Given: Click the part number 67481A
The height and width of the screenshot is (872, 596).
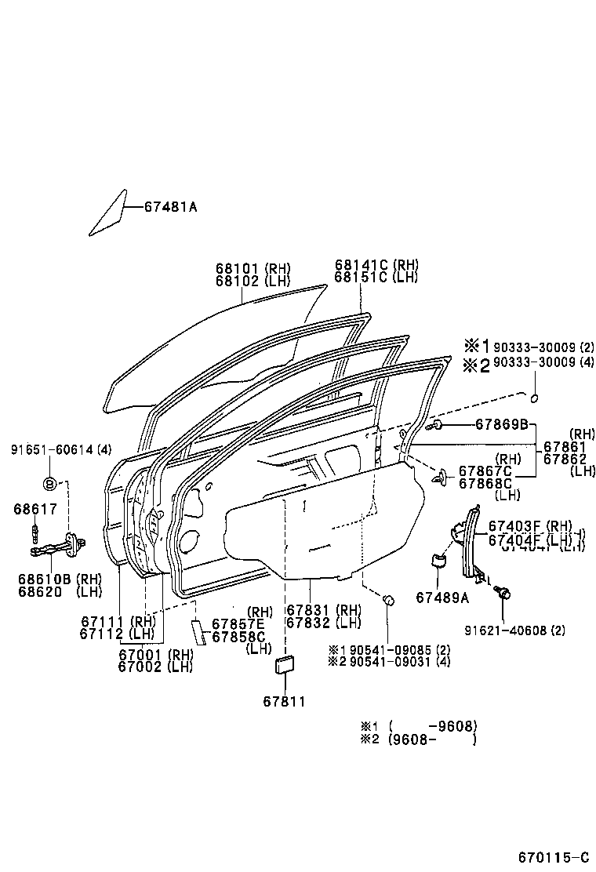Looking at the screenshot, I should tap(170, 207).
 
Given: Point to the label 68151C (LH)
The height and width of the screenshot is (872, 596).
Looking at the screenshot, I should tap(376, 278).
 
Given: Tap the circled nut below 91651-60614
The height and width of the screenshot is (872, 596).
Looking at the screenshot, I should tap(48, 482).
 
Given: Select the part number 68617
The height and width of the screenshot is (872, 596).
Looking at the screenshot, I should tap(35, 509).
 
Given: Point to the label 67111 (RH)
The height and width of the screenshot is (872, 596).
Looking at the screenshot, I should tap(118, 621).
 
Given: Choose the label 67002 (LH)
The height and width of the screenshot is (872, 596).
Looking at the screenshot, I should tap(155, 667).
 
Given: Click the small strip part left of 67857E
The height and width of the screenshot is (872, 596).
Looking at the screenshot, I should tap(198, 631).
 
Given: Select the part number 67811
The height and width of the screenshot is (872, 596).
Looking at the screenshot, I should tap(284, 701).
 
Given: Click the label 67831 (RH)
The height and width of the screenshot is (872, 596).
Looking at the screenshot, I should tap(323, 610).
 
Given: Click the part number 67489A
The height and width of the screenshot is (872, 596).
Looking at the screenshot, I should tap(442, 598).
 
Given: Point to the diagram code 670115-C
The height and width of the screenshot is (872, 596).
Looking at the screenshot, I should tap(553, 856).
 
